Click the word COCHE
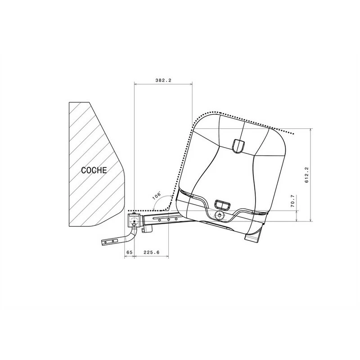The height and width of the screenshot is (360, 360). [x=94, y=170]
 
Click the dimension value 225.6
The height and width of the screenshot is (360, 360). [x=151, y=252]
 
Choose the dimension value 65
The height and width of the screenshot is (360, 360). [x=129, y=252]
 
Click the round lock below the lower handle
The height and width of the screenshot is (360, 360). [x=220, y=216]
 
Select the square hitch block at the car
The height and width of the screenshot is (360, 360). [x=134, y=221]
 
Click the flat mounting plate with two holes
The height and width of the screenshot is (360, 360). [x=110, y=241]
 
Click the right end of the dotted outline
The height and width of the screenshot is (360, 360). [x=293, y=134]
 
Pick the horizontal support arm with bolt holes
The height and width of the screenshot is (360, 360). [x=166, y=220]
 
